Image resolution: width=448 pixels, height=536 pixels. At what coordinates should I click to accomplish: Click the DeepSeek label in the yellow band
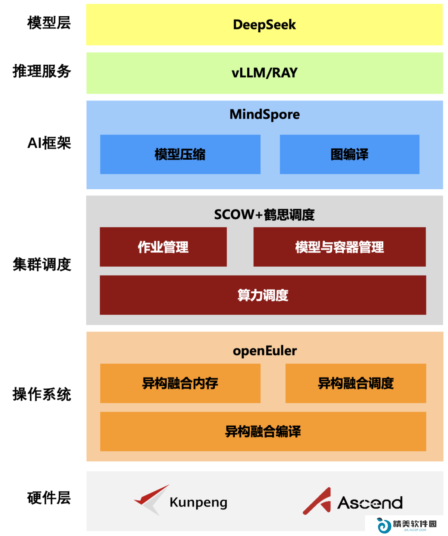pos(264,25)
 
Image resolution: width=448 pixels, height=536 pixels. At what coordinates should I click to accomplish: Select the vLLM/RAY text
pos(264,73)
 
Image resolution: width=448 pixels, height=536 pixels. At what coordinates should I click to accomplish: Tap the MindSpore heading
pos(264,115)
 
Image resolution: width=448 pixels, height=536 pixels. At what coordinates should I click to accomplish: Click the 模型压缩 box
pos(180,154)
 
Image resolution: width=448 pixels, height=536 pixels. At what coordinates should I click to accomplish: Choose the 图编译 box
pos(349,154)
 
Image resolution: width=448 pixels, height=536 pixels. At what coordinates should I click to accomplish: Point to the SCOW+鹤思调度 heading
pos(264,214)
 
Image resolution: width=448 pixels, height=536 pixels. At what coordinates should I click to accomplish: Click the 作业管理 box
pos(163,247)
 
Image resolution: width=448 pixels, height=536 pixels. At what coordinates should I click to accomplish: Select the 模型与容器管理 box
pos(339,247)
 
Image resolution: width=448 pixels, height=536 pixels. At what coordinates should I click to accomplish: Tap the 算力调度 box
pos(263,295)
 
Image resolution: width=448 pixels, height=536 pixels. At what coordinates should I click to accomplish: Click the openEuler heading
pos(265,351)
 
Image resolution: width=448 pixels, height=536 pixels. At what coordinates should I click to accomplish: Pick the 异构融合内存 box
pos(180,383)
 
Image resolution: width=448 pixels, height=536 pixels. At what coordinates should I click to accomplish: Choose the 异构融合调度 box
pos(355,383)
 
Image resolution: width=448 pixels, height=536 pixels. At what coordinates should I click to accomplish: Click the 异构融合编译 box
pos(263,431)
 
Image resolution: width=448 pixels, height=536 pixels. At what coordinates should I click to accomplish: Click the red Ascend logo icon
pos(317,501)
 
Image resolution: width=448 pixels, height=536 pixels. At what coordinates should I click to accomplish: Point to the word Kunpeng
pos(198,503)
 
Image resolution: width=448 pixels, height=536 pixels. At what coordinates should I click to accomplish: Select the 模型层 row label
pos(49,23)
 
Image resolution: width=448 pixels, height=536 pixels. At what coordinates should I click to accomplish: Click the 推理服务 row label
pos(41,71)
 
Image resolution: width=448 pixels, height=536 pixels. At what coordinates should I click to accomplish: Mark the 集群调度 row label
pos(41,264)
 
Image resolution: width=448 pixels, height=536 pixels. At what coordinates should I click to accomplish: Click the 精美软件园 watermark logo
pos(407,525)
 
